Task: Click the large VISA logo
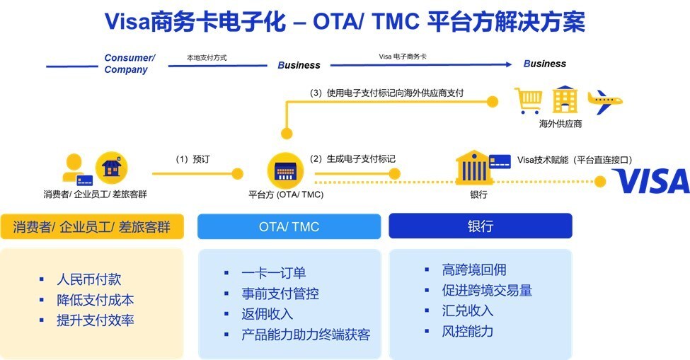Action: [x=650, y=181]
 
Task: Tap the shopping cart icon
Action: [x=528, y=100]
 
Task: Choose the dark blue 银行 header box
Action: [x=480, y=227]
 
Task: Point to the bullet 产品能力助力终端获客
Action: [x=306, y=335]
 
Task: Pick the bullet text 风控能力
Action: [x=468, y=331]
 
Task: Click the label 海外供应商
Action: [x=560, y=124]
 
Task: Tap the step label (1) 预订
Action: [x=192, y=159]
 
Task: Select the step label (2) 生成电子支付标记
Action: [x=352, y=159]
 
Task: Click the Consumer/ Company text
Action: [x=129, y=64]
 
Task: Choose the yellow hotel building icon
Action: [x=565, y=100]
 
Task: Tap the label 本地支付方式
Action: [x=207, y=56]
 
